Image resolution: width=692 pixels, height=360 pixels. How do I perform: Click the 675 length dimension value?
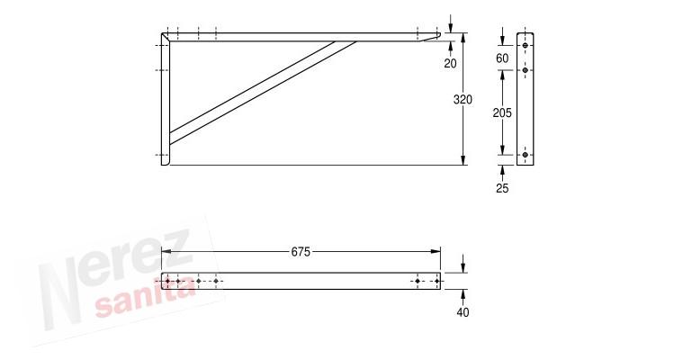pyautogui.click(x=301, y=251)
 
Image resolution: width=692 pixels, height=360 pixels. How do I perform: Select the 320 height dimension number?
pyautogui.click(x=463, y=100)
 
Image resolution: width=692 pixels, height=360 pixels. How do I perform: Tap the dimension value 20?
pyautogui.click(x=450, y=64)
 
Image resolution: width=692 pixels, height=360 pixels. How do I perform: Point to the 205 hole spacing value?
pyautogui.click(x=502, y=112)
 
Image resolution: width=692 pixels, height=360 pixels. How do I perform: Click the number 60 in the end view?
pyautogui.click(x=502, y=58)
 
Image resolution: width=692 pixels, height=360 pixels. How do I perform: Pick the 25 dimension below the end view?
pyautogui.click(x=502, y=188)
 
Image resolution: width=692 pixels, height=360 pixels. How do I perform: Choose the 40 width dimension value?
pyautogui.click(x=463, y=312)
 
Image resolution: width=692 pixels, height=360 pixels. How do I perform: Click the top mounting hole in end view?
pyautogui.click(x=526, y=45)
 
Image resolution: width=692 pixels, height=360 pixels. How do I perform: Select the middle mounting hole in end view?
pyautogui.click(x=526, y=70)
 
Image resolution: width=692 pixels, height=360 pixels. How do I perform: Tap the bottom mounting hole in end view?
pyautogui.click(x=526, y=155)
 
